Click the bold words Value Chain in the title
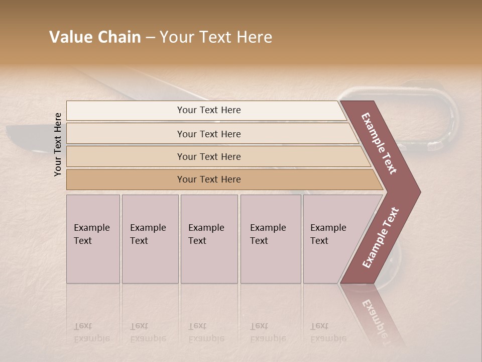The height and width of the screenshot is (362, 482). [95, 37]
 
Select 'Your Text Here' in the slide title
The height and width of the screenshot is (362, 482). [216, 37]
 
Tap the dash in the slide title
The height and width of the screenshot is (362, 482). [150, 38]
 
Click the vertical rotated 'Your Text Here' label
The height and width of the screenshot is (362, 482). [58, 144]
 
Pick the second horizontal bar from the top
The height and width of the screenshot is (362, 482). [208, 134]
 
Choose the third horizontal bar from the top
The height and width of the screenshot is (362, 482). [208, 156]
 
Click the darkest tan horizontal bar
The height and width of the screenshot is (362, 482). [208, 179]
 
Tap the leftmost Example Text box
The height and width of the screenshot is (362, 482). [93, 239]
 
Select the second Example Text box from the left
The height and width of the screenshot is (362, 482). [150, 239]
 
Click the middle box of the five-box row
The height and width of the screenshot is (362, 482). [209, 239]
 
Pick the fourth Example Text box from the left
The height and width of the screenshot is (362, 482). [271, 239]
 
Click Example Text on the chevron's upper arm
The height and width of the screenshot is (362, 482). [379, 143]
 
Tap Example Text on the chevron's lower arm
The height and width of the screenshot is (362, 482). [381, 237]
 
